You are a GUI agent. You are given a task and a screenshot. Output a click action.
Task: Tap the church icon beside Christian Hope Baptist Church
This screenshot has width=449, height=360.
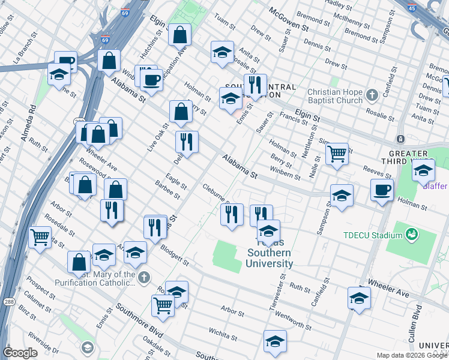tap(372, 94)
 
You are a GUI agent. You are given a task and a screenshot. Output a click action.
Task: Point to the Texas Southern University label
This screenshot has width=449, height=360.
tap(270, 258)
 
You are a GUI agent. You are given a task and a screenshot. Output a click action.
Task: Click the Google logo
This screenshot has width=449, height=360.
tap(20, 352)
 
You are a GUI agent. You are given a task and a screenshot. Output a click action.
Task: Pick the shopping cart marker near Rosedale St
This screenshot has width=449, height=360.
tap(40, 236)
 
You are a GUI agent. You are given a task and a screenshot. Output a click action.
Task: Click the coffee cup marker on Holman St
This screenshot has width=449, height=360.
tap(382, 190)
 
